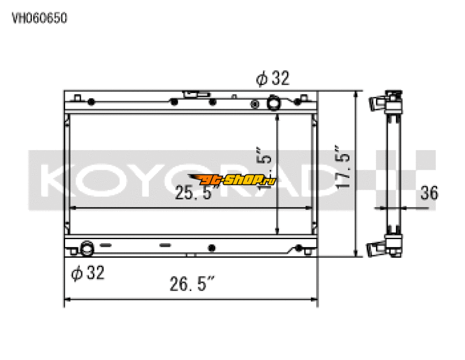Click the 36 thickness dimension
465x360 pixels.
coord(428,193)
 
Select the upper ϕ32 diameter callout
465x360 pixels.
coord(273,79)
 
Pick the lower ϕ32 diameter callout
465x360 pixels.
coord(88,273)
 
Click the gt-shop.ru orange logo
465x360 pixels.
coord(233,180)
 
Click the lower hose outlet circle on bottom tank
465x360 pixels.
coord(87,248)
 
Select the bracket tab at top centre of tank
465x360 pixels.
coord(193,94)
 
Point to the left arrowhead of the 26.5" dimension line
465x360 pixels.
coord(66,300)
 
